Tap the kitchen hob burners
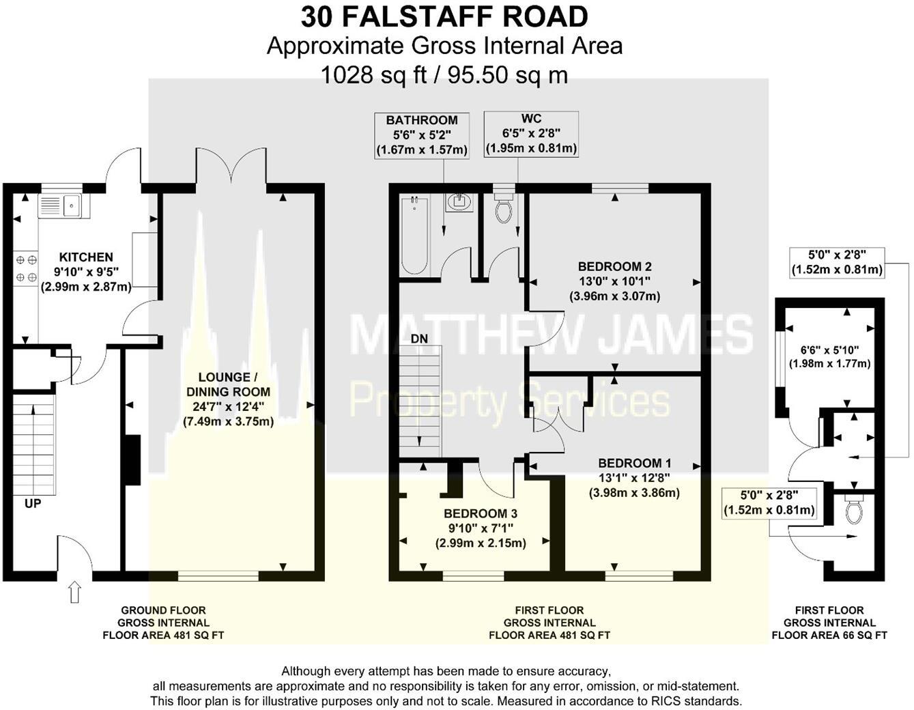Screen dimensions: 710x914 [x=26, y=268]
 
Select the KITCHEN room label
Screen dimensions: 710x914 [x=86, y=257]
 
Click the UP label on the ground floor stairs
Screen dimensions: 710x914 [x=33, y=504]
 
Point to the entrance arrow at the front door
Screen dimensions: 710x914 [x=74, y=592]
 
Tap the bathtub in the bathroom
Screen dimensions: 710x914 [x=414, y=235]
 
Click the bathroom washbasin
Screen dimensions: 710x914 [x=459, y=202]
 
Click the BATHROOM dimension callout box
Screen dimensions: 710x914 [x=422, y=135]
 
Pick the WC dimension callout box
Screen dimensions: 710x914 [x=531, y=134]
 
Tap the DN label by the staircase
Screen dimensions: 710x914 [x=419, y=339]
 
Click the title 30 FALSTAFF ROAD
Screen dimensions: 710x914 [x=444, y=16]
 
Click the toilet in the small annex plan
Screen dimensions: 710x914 [x=852, y=510]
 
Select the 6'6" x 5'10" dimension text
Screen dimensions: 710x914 [x=829, y=350]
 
